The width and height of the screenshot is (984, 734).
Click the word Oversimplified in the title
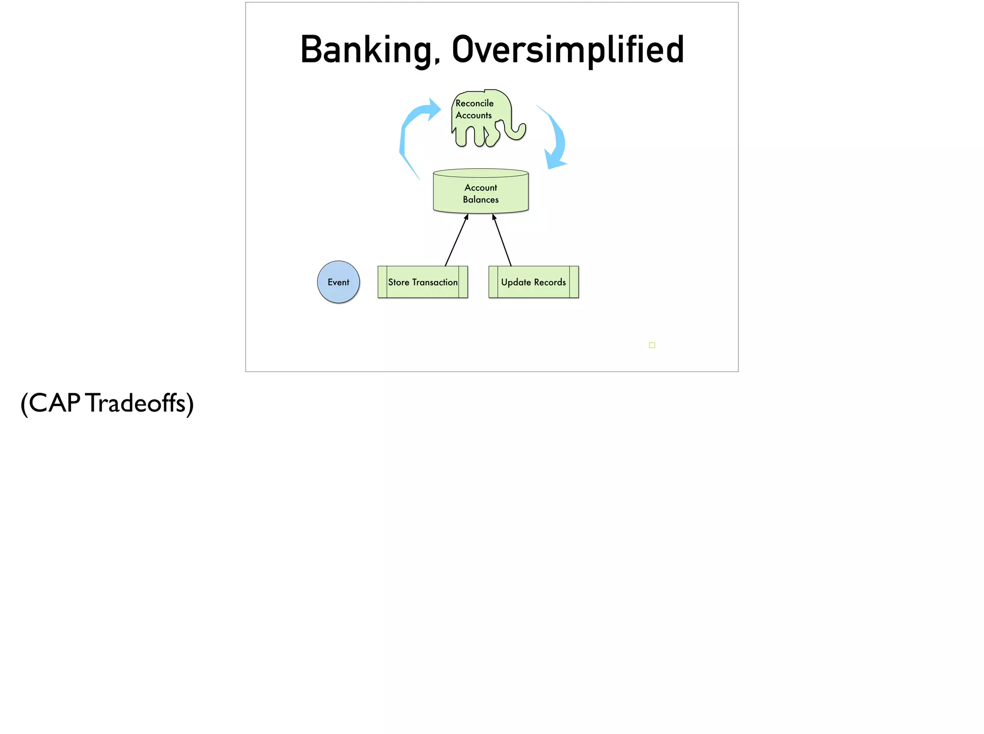pyautogui.click(x=568, y=50)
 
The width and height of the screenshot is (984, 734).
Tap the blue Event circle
pyautogui.click(x=339, y=282)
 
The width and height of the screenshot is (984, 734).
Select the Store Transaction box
pyautogui.click(x=423, y=282)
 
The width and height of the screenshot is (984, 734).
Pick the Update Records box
pyautogui.click(x=533, y=282)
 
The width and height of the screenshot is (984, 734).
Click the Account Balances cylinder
pyautogui.click(x=481, y=192)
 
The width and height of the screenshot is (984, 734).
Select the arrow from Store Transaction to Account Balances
pyautogui.click(x=456, y=240)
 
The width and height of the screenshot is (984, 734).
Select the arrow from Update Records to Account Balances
pyautogui.click(x=502, y=240)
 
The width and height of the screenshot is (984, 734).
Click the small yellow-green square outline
pyautogui.click(x=652, y=345)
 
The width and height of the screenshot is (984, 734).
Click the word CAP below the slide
pyautogui.click(x=54, y=403)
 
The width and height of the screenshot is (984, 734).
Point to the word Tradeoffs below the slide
pyautogui.click(x=136, y=403)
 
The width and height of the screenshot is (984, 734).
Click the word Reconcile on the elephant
pyautogui.click(x=475, y=103)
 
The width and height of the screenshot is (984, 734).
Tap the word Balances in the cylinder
pyautogui.click(x=481, y=199)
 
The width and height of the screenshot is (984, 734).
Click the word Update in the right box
pyautogui.click(x=516, y=282)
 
